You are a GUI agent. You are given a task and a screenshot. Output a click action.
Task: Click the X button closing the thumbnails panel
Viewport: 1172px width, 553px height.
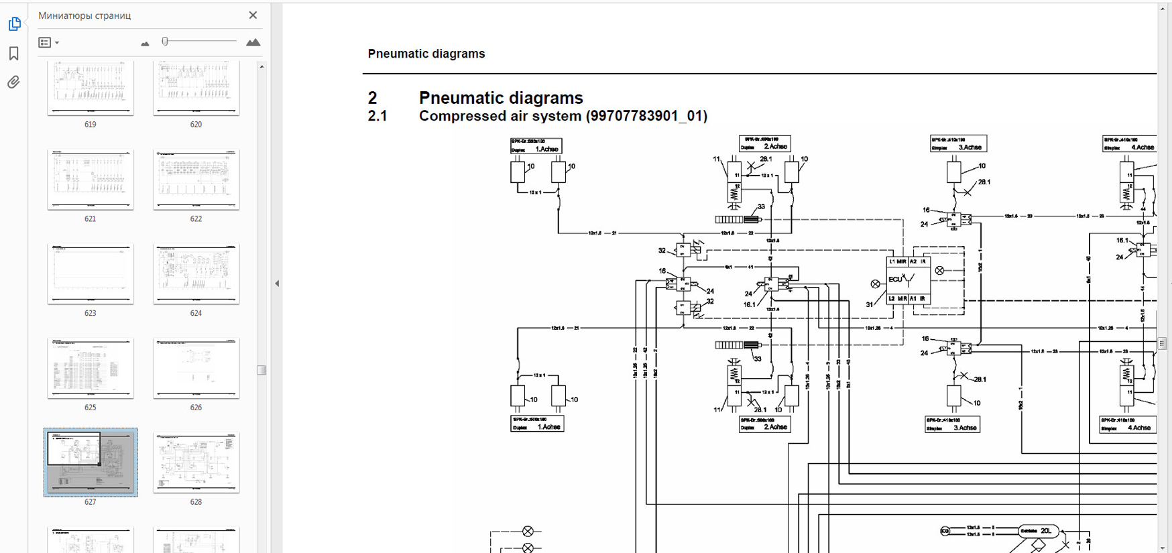(x=253, y=15)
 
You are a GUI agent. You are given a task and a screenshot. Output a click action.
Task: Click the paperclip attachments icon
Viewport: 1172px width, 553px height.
(x=13, y=82)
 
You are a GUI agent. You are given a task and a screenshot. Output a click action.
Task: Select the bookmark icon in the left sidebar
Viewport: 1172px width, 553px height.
(x=13, y=54)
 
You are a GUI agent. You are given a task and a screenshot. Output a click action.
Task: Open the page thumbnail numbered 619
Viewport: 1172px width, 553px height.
(x=91, y=87)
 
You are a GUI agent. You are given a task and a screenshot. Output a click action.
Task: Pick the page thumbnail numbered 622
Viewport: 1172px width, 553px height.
(x=196, y=180)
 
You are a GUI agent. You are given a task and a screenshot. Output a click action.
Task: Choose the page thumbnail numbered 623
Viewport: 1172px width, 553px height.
(x=91, y=273)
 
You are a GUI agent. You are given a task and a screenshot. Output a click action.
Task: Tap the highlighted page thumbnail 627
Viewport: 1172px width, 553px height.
(x=91, y=462)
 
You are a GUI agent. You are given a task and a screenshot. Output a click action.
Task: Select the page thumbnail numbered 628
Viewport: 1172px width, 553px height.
(x=196, y=463)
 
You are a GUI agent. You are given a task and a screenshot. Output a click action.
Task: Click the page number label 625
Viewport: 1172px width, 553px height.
(x=91, y=408)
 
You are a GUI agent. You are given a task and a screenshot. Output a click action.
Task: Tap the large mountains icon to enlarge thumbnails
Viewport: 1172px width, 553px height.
(x=253, y=42)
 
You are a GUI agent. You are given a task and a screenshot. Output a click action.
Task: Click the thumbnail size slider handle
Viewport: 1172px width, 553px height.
(x=165, y=42)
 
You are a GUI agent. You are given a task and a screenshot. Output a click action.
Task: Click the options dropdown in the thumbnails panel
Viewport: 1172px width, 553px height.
(x=48, y=43)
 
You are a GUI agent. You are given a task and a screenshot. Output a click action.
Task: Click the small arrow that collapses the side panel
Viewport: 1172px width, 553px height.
(x=277, y=284)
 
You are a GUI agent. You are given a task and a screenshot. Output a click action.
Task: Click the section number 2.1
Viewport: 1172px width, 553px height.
(x=377, y=116)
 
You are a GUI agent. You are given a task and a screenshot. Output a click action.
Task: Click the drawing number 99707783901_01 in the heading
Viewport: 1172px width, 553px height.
(x=646, y=116)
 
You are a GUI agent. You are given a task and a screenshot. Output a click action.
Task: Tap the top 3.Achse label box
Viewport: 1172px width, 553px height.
(x=958, y=144)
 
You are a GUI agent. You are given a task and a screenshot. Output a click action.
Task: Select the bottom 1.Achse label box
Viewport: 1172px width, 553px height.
(x=536, y=424)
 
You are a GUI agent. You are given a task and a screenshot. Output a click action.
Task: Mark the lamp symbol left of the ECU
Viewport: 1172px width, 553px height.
(x=875, y=284)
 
